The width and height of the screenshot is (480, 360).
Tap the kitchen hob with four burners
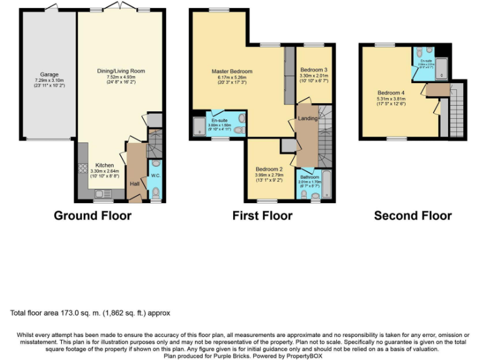(82, 167)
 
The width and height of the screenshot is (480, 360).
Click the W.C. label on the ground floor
(156, 176)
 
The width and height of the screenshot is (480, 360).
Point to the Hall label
(134, 184)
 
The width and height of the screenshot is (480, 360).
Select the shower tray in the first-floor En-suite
(199, 124)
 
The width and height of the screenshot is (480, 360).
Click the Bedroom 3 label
(313, 69)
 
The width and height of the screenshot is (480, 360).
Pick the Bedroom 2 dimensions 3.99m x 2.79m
(269, 175)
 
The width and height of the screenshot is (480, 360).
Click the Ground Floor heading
(92, 216)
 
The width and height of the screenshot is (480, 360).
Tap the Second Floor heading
(412, 216)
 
